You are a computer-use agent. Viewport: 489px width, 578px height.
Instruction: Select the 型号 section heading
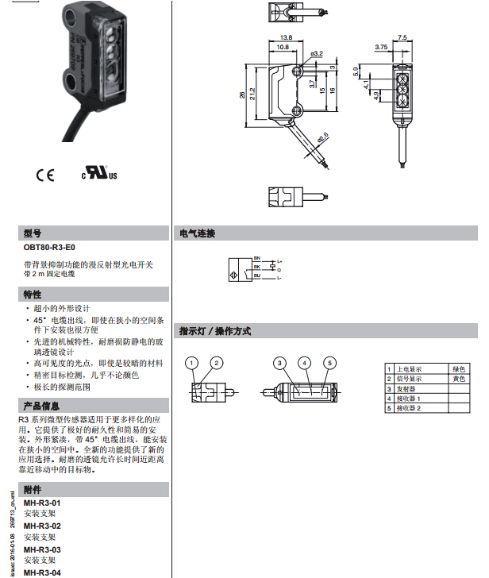coord(33,233)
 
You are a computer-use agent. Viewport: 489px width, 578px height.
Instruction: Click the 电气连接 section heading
coord(198,233)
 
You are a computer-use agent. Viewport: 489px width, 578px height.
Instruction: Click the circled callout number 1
coord(191,363)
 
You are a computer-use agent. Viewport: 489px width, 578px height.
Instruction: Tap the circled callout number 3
coord(279,363)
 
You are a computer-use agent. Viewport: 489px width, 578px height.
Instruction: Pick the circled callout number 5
coord(329,363)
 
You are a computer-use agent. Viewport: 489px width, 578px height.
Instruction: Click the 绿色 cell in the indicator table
coord(457,369)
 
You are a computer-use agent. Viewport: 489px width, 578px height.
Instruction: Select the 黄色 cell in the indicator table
coord(457,379)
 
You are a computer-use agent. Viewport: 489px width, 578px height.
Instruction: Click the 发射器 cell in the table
coord(406,389)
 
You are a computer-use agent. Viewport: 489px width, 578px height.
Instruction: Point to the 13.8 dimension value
coord(287,37)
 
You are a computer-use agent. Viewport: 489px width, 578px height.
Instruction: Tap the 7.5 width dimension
coord(402,37)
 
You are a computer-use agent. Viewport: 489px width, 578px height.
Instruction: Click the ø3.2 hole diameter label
coord(317,53)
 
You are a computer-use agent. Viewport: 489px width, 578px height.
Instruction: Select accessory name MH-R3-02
coord(42,526)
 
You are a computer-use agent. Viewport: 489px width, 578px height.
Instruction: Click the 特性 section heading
coord(33,295)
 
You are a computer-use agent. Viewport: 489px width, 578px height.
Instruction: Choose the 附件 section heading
coord(33,490)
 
